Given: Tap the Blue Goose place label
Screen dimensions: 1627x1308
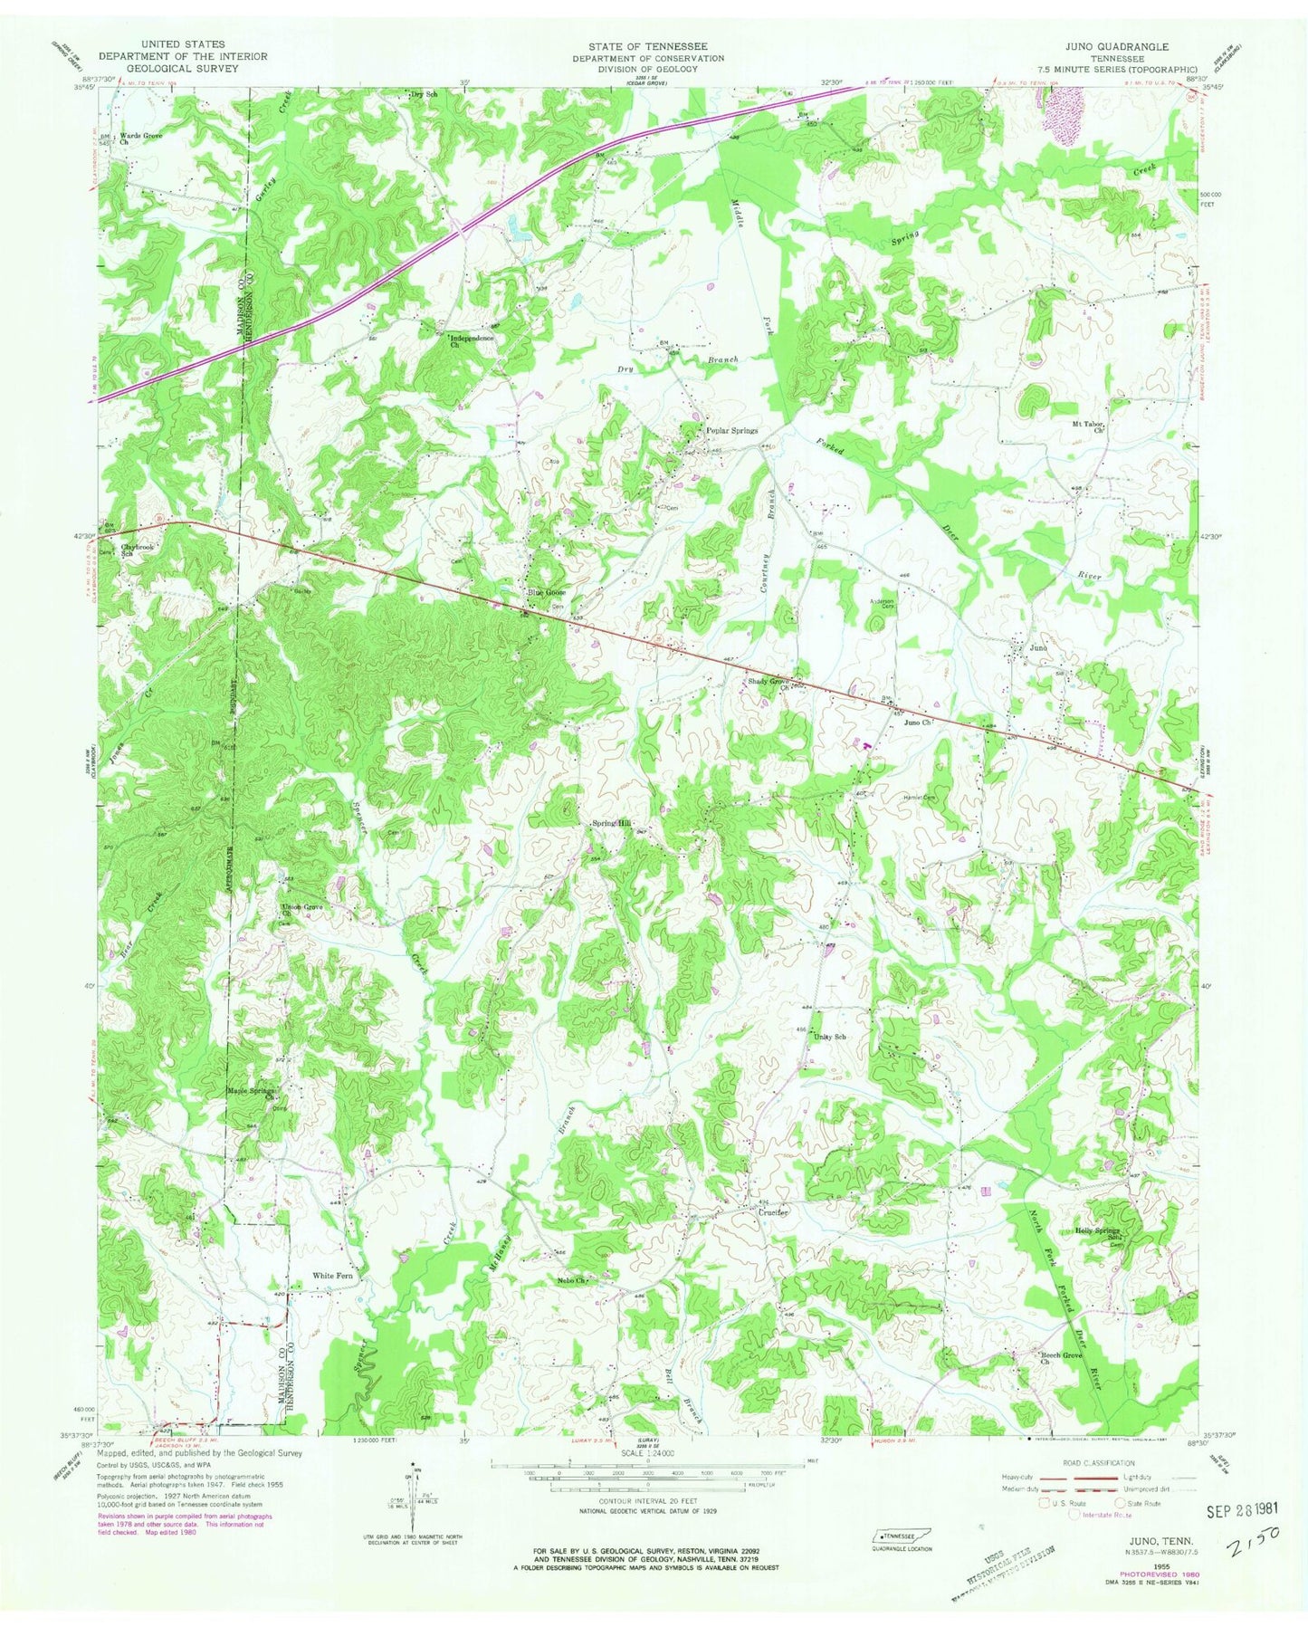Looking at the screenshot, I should [x=548, y=593].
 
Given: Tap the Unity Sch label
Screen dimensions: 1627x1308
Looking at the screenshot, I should [x=830, y=1037].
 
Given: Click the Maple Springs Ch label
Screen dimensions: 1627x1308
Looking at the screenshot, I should [x=252, y=1094].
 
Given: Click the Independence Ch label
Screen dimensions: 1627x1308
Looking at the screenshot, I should [x=473, y=341].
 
